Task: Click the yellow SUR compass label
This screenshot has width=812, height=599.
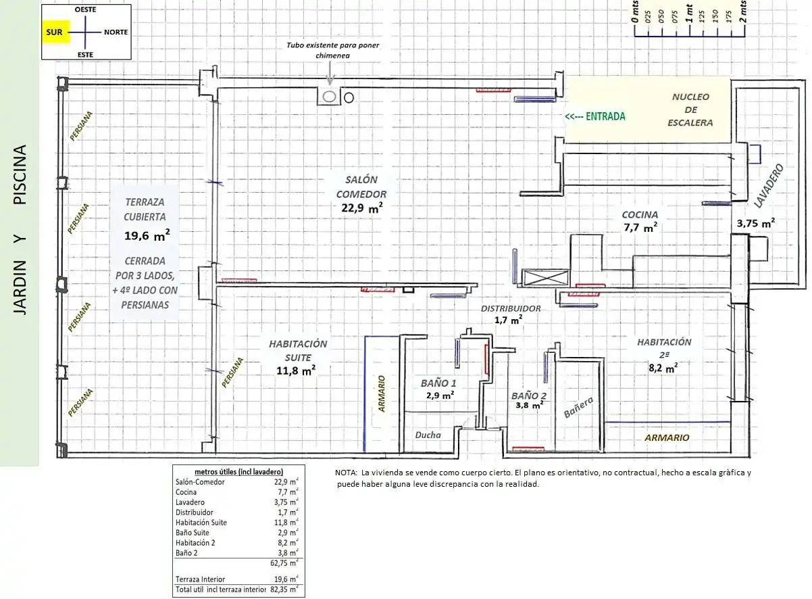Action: click(55, 32)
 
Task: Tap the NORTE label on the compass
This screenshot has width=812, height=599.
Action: click(116, 32)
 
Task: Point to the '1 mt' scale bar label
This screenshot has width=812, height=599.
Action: click(690, 14)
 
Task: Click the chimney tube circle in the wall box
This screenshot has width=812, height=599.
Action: click(329, 97)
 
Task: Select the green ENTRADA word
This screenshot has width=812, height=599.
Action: click(605, 116)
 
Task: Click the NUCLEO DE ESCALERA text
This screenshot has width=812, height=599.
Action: click(690, 110)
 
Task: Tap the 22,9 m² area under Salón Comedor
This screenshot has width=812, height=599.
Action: click(362, 208)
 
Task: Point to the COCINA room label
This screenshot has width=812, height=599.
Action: click(640, 214)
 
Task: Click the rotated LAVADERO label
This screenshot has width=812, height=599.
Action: click(769, 186)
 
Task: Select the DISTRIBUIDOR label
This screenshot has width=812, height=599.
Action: click(511, 308)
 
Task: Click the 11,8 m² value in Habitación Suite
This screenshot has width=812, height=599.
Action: click(296, 370)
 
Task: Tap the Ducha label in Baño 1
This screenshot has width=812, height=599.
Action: click(428, 435)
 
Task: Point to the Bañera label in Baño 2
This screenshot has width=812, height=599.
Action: click(578, 407)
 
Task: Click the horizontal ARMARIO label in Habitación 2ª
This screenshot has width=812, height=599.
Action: click(667, 437)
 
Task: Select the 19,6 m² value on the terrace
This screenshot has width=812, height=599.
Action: click(147, 236)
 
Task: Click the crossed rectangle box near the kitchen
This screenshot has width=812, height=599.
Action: click(545, 279)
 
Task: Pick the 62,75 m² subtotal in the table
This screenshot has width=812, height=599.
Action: click(284, 563)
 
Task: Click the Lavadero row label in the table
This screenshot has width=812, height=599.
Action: click(190, 502)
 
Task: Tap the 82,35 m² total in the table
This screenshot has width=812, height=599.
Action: click(284, 590)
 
